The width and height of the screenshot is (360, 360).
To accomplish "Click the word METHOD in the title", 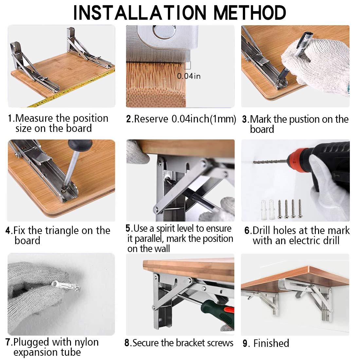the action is [x=250, y=13].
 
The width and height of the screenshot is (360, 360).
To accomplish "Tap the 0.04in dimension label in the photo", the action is [x=189, y=76].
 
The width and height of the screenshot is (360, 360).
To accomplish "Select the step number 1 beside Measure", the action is [x=10, y=118].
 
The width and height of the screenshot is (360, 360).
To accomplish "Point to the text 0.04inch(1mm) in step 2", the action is [x=204, y=119].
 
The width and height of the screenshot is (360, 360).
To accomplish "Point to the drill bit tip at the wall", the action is [x=254, y=162].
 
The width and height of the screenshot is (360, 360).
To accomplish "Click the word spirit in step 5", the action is [x=165, y=229].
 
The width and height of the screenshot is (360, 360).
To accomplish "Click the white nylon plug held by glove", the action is [x=65, y=285].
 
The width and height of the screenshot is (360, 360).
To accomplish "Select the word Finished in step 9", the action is [x=271, y=343].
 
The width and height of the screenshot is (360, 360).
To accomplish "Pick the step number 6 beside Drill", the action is [x=247, y=230].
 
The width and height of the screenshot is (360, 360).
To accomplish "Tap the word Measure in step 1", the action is [x=34, y=118].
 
